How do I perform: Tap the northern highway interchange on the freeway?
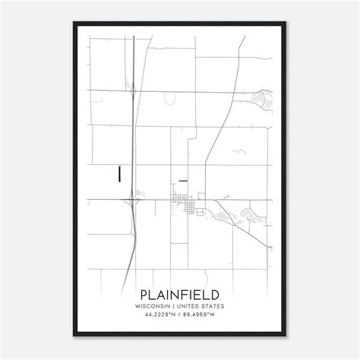(x=134, y=92)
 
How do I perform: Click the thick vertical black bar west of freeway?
(x=119, y=173)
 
